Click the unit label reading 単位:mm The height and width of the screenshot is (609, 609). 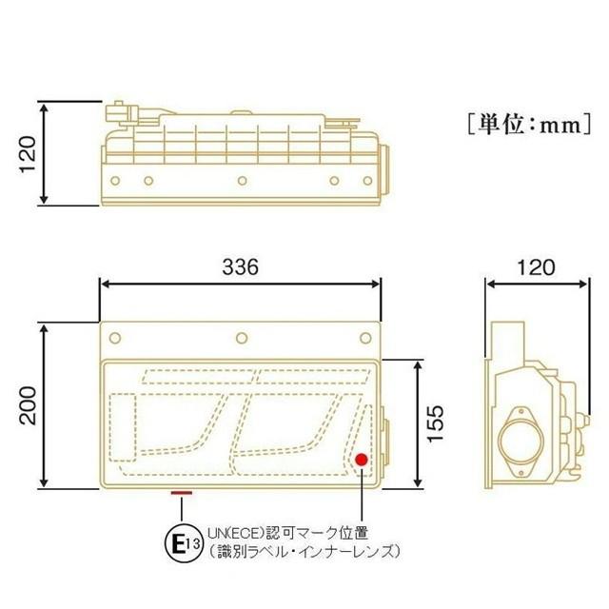[x=525, y=124]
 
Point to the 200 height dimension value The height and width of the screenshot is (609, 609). [x=29, y=405]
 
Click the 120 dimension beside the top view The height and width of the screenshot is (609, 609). [x=29, y=152]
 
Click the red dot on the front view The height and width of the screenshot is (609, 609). [x=362, y=461]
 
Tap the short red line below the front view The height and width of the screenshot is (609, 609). [x=180, y=493]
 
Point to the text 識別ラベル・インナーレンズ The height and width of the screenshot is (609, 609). [x=300, y=551]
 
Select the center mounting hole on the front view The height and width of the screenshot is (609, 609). [x=242, y=337]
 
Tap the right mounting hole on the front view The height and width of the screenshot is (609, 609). [x=365, y=337]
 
